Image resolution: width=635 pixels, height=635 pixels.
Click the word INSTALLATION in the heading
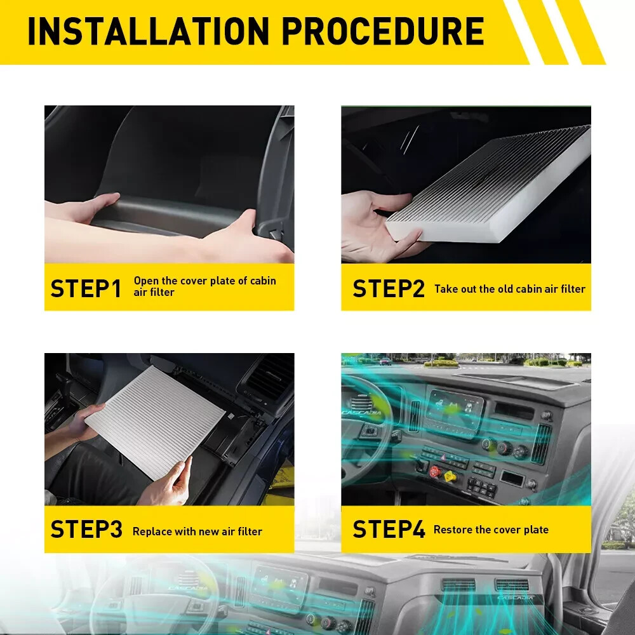[149, 31]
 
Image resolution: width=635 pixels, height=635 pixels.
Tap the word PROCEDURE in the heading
[383, 31]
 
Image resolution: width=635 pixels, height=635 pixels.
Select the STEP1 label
[86, 288]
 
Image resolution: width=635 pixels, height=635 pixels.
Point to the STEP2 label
[389, 288]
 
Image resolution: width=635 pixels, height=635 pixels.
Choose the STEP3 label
[86, 529]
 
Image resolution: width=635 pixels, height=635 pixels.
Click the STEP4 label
[389, 529]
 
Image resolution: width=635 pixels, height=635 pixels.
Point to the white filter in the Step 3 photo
[155, 422]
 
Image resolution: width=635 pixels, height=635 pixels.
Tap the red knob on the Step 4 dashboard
[435, 471]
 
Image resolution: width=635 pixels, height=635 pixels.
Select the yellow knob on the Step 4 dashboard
[450, 476]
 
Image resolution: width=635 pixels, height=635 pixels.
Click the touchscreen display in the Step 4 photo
[455, 410]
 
